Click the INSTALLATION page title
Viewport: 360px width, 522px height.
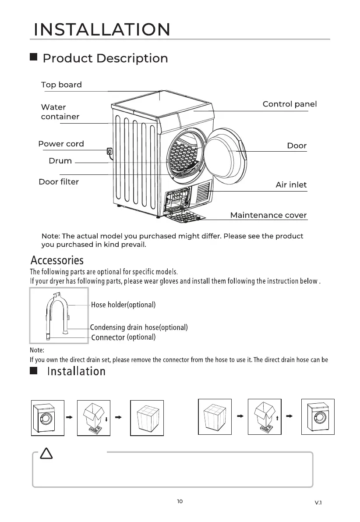(x=102, y=30)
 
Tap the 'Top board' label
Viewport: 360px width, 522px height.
(x=61, y=85)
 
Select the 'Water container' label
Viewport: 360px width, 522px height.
(x=60, y=112)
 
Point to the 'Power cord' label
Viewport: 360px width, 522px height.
(x=61, y=144)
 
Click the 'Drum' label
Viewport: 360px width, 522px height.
(x=60, y=161)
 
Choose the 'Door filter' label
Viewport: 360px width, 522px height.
(x=59, y=181)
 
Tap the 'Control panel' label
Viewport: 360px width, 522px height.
(x=289, y=104)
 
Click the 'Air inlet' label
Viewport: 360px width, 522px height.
(x=291, y=185)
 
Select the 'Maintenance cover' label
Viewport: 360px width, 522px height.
(x=268, y=215)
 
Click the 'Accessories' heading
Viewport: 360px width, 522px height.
(x=57, y=261)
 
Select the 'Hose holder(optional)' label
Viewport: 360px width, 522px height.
(x=123, y=305)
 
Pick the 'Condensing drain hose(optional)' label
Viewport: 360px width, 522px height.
(x=139, y=327)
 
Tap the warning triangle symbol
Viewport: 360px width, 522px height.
(x=46, y=455)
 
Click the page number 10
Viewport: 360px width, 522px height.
(x=180, y=501)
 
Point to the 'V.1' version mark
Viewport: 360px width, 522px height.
(x=318, y=503)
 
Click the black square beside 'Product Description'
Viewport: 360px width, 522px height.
(x=33, y=58)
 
